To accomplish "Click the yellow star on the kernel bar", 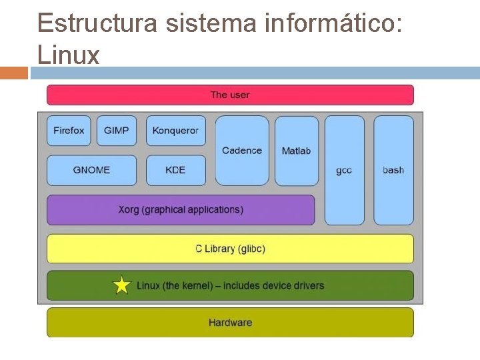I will (x=122, y=285).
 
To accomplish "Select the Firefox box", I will (x=69, y=131).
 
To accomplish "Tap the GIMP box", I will (x=117, y=131).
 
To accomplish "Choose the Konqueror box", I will (x=176, y=131).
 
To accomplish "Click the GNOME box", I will (x=91, y=170).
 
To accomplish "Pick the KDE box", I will (x=176, y=170).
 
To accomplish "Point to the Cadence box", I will (x=242, y=151).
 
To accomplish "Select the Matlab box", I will (x=297, y=151).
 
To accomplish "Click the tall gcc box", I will (x=344, y=170).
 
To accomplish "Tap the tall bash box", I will (x=393, y=170).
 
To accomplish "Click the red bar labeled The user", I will (x=230, y=95).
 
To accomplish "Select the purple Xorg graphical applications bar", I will (x=181, y=209).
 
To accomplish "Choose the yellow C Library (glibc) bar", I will (x=230, y=249).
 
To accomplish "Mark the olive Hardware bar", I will (x=230, y=323).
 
